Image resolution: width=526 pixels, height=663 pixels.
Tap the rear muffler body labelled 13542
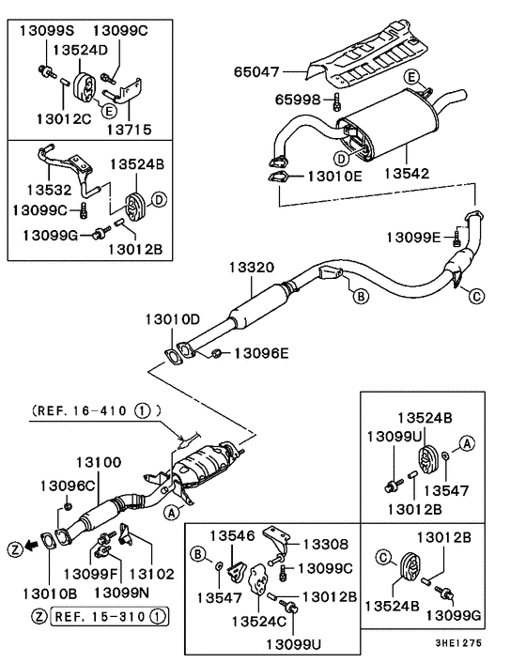click(390, 127)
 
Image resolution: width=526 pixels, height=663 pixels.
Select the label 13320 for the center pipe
click(251, 268)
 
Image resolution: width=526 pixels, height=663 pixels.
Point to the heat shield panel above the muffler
click(376, 56)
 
